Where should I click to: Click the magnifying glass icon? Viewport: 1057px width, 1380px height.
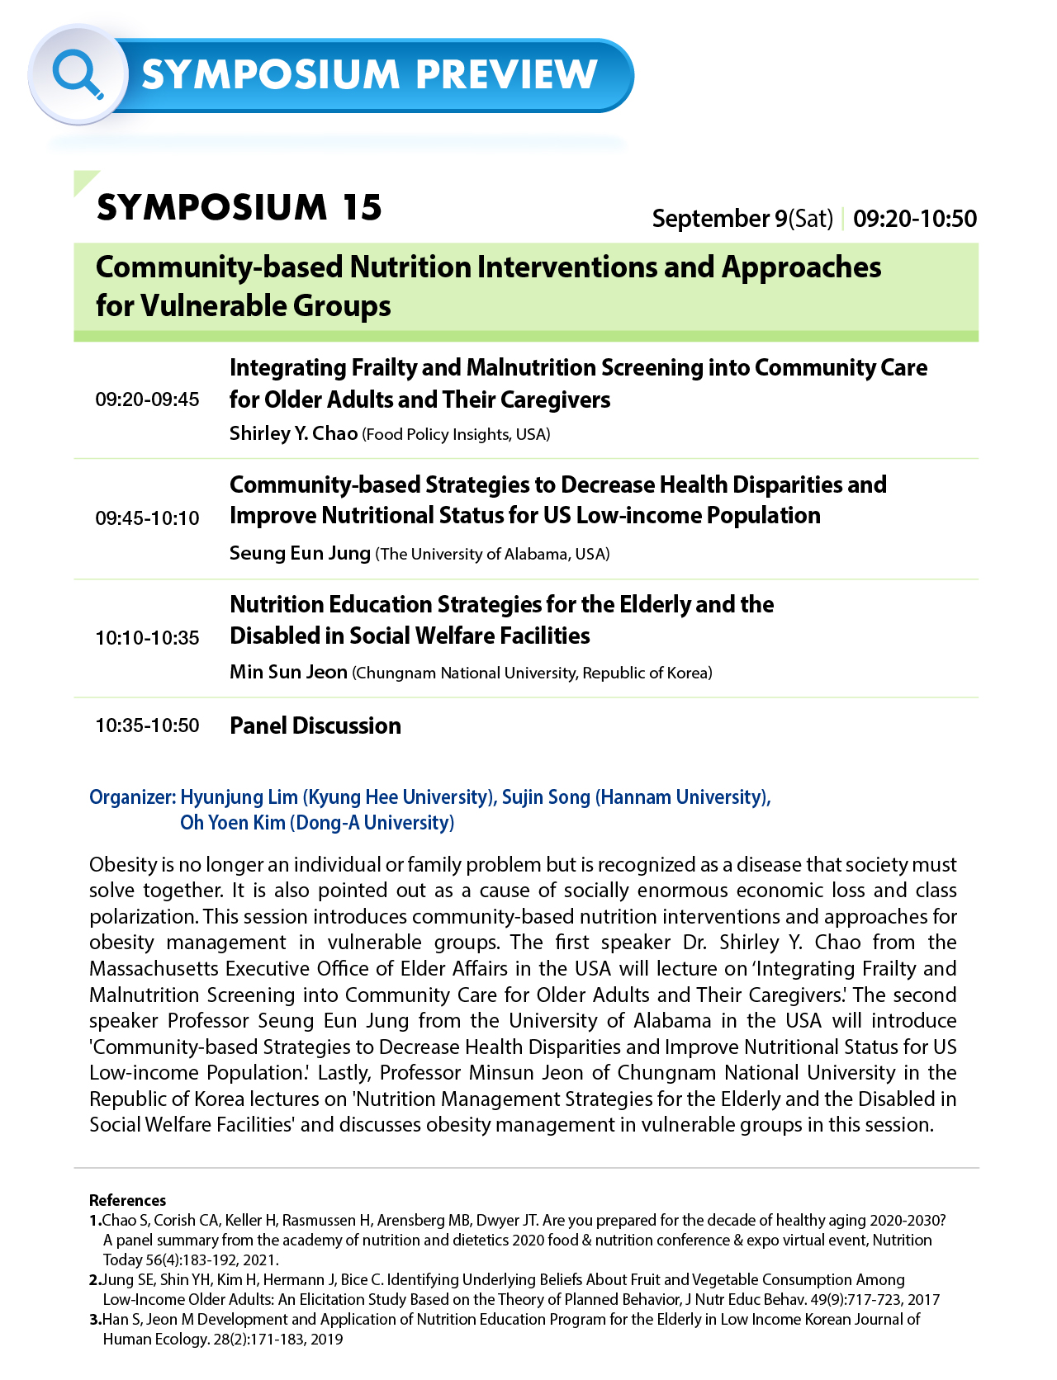pyautogui.click(x=77, y=74)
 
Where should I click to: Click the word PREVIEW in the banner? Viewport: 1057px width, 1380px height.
pyautogui.click(x=506, y=75)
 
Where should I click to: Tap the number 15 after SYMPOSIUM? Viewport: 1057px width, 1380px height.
pyautogui.click(x=363, y=207)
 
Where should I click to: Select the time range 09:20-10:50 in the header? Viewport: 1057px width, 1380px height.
pyautogui.click(x=915, y=219)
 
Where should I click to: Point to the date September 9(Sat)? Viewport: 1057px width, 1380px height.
pyautogui.click(x=742, y=219)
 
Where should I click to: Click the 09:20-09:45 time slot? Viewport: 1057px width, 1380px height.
pyautogui.click(x=147, y=400)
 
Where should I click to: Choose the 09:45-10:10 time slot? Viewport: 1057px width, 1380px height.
pyautogui.click(x=147, y=518)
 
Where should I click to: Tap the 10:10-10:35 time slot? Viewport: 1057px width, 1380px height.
pyautogui.click(x=147, y=638)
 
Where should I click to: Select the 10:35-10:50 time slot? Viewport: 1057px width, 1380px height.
pyautogui.click(x=147, y=725)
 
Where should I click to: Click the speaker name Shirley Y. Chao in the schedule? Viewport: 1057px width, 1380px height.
pyautogui.click(x=293, y=433)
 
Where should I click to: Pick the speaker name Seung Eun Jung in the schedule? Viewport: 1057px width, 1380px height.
pyautogui.click(x=300, y=553)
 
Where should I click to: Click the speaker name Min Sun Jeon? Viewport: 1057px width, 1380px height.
pyautogui.click(x=288, y=672)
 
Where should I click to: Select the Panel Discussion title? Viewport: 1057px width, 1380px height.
pyautogui.click(x=315, y=725)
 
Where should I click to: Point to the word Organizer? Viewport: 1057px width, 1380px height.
pyautogui.click(x=132, y=797)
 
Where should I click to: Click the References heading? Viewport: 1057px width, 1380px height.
pyautogui.click(x=127, y=1200)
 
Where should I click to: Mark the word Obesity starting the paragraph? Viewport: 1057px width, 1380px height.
pyautogui.click(x=122, y=865)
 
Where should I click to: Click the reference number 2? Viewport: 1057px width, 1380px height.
pyautogui.click(x=94, y=1280)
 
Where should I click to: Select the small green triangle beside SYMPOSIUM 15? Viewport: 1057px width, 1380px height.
pyautogui.click(x=83, y=181)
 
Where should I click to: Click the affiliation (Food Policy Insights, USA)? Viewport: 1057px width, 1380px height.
pyautogui.click(x=456, y=435)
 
